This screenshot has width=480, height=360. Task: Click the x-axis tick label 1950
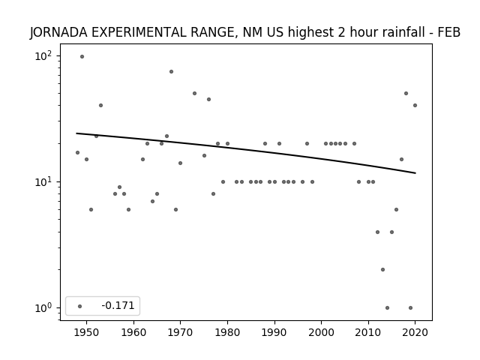[x=86, y=332]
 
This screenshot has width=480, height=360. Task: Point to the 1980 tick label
[x=227, y=332]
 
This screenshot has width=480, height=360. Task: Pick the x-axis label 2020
[x=415, y=332]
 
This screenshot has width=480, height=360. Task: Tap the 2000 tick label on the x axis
[x=321, y=332]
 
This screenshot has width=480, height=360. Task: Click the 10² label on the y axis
[x=43, y=56]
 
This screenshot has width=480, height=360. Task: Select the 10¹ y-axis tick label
[x=43, y=181]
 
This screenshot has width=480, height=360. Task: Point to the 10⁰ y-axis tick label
[x=43, y=307]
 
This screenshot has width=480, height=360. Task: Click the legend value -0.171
[x=118, y=305]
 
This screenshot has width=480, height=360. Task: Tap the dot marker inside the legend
[x=80, y=306]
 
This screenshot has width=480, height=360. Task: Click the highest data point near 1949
[x=82, y=57]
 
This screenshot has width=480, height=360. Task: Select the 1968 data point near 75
[x=171, y=72]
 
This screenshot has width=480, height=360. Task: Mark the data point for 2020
[x=415, y=105]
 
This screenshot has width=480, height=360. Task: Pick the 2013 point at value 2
[x=382, y=270]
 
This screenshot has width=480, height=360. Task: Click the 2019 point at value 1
[x=410, y=307]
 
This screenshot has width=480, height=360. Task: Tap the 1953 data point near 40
[x=100, y=105]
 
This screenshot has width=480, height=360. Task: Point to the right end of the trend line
[x=415, y=173]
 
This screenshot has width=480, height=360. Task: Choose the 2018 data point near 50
[x=406, y=93]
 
